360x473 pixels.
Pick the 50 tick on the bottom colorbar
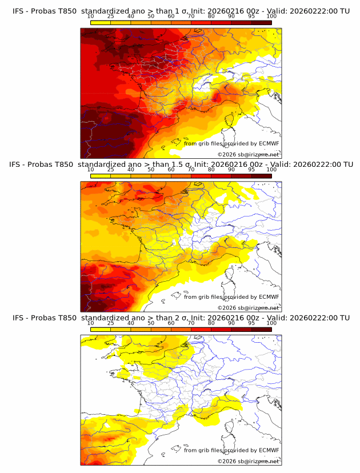click(x=151, y=323)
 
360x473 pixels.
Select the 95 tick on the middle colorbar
click(x=251, y=169)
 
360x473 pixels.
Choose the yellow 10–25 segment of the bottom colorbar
click(x=101, y=330)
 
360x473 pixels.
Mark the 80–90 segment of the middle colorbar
click(x=221, y=176)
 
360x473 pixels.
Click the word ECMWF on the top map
click(x=269, y=143)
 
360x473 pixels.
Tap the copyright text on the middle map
click(x=248, y=307)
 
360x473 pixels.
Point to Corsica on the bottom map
click(x=231, y=428)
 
